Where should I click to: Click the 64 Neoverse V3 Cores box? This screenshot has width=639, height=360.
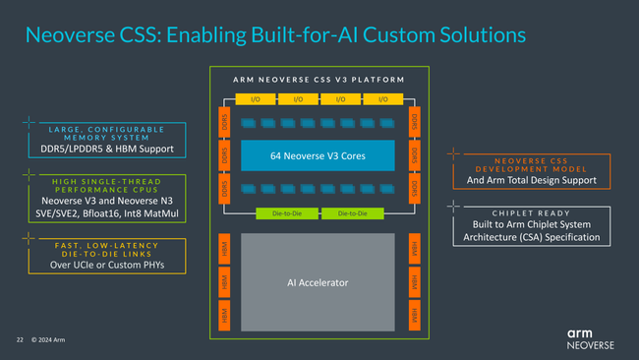point(318,155)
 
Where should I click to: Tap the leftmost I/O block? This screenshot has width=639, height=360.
point(255,98)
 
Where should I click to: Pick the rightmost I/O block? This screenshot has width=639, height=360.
point(381,98)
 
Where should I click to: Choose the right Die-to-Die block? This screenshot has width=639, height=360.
point(353,211)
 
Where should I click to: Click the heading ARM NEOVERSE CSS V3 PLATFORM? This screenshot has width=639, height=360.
point(318,79)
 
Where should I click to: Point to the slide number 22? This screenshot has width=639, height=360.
point(19,340)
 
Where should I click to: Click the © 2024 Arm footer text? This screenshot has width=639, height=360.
point(48,340)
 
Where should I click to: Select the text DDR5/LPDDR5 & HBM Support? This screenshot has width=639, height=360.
point(100,149)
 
